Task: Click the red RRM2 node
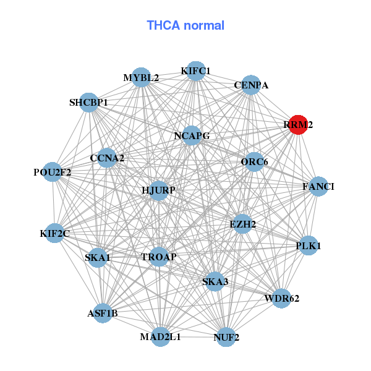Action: coord(299,124)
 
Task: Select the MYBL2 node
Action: coord(142,77)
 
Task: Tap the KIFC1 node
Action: coord(196,71)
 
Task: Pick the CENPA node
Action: coord(250,85)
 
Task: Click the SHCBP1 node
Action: coord(89,102)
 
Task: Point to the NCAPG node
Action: coord(192,135)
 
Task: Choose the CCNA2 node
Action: coord(107,158)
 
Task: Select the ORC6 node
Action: coord(254,162)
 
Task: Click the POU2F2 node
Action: coord(53,172)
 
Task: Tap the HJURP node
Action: coord(159,190)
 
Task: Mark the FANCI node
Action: coord(318,186)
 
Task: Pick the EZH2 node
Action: coord(242,224)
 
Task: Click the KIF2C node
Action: coord(55,233)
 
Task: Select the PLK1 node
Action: coord(309,245)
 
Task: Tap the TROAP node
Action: coord(159,257)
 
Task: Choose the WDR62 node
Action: coord(281,299)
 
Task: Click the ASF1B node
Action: coord(103,313)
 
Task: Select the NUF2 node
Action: coord(226,337)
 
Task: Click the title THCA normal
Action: coord(185,25)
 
